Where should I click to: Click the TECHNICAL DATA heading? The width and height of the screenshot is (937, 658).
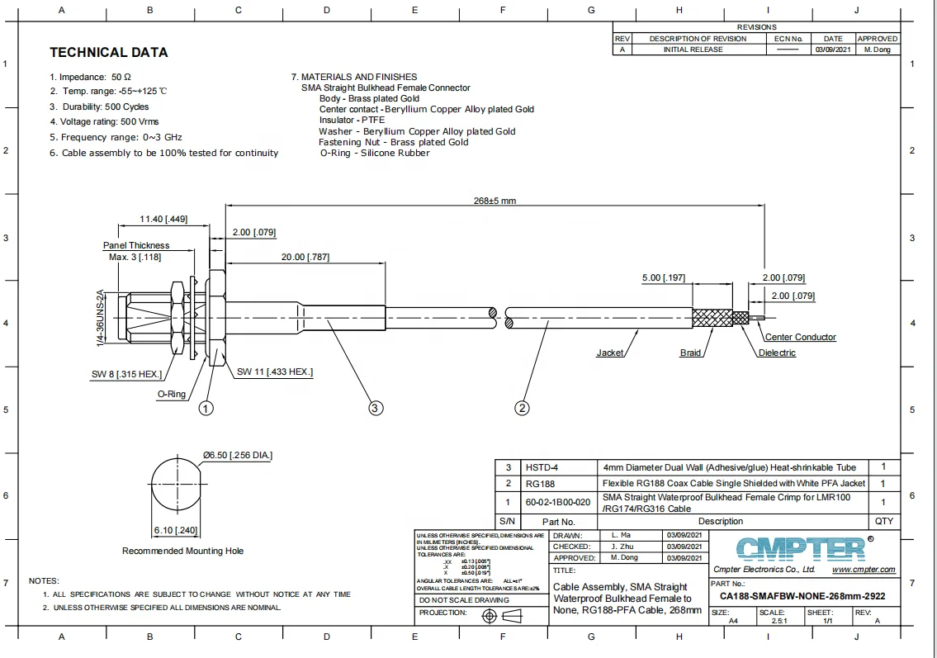click(x=108, y=53)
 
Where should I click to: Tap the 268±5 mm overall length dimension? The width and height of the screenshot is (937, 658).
click(x=495, y=201)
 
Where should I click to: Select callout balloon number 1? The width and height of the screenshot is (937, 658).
click(x=206, y=407)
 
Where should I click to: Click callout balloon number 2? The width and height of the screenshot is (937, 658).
click(x=522, y=407)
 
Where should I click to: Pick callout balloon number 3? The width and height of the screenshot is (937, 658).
click(x=376, y=407)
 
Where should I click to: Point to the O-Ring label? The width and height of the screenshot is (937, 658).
click(x=172, y=394)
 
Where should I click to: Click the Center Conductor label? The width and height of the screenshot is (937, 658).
click(x=800, y=337)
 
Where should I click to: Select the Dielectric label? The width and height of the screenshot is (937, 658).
click(x=777, y=353)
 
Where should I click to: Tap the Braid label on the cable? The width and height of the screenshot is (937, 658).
click(x=691, y=353)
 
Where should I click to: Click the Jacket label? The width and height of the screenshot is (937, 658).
click(x=610, y=353)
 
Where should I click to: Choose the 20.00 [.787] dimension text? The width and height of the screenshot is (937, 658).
click(x=305, y=257)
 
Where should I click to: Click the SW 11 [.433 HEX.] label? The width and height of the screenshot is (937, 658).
click(x=274, y=372)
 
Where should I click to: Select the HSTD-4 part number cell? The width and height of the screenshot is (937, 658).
click(x=542, y=467)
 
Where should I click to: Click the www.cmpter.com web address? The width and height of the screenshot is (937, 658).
click(x=864, y=570)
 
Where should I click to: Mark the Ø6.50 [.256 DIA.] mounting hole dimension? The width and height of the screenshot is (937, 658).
click(x=238, y=455)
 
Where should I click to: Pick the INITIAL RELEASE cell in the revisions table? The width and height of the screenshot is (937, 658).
click(x=693, y=50)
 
